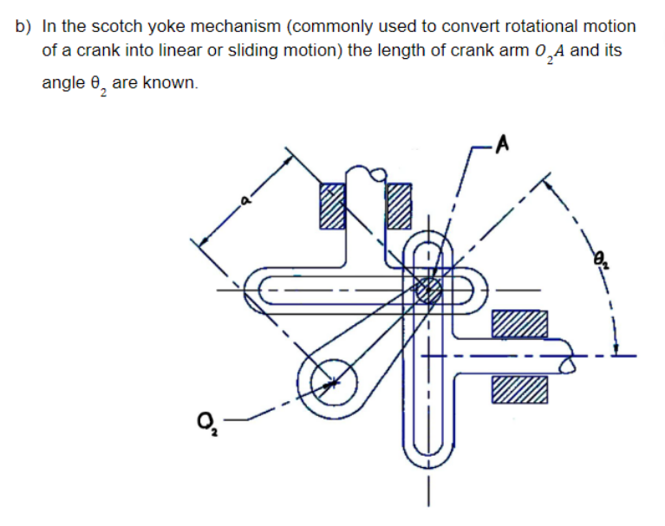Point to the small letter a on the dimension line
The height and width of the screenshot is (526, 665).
[245, 203]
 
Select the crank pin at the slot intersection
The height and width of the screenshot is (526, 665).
[427, 289]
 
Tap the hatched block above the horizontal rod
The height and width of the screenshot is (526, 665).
[520, 324]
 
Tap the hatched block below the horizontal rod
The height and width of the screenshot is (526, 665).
[520, 389]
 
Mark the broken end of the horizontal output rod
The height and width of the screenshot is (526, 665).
[569, 356]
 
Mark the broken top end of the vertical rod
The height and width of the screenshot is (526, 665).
[364, 173]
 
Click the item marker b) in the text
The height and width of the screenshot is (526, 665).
[23, 27]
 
